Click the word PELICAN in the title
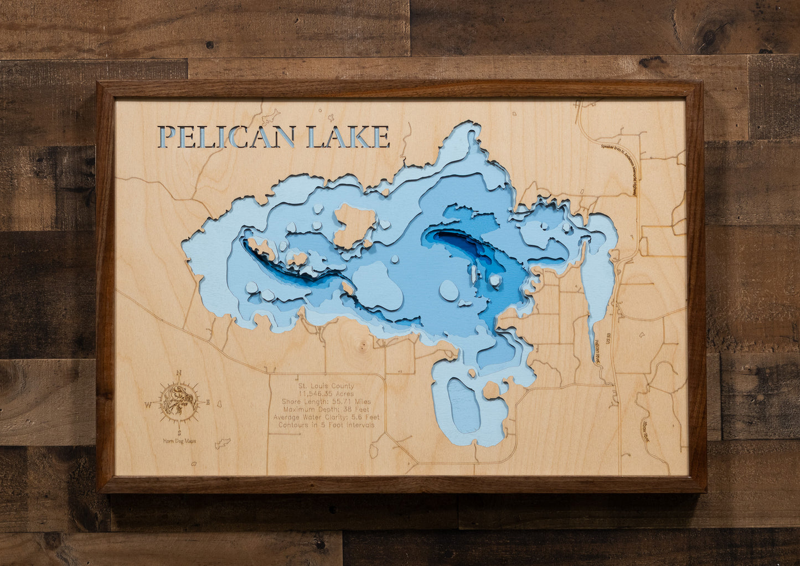pos(226,137)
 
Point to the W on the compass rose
pos(148,405)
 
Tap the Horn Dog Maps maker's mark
pos(179,441)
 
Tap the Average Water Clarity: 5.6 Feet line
pos(326,417)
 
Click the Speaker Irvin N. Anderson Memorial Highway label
pos(620,169)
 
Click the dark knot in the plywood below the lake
pos(363,347)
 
